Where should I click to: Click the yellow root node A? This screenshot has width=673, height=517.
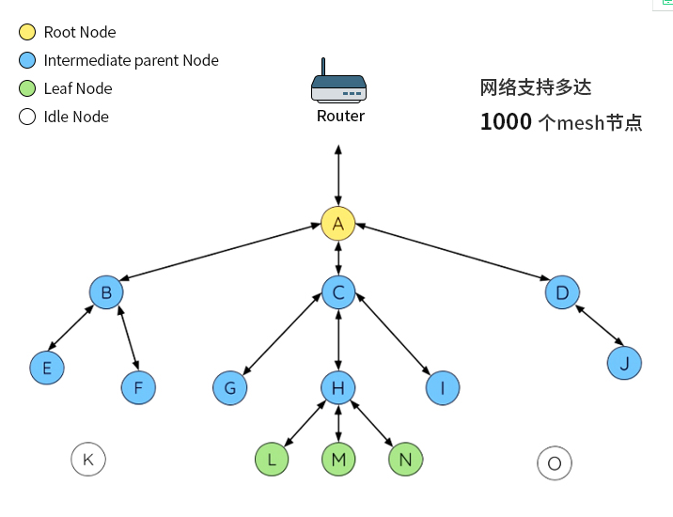point(337,224)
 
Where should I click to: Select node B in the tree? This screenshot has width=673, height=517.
point(106,292)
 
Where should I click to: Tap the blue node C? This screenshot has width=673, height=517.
point(338,292)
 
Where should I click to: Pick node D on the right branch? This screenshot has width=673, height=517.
point(562,292)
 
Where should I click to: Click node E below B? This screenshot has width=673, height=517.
point(46,368)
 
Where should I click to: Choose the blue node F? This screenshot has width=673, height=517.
point(138,386)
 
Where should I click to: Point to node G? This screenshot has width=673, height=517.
point(229,387)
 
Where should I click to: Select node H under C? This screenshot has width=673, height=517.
point(338,387)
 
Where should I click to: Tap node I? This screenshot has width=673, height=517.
point(443,387)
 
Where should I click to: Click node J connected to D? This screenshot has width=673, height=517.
point(624,363)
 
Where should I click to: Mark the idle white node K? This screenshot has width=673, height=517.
point(88,460)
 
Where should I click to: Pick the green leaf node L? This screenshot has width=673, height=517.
point(272,460)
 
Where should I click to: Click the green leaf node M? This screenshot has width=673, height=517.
point(338,460)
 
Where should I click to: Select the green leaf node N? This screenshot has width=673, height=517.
point(405,460)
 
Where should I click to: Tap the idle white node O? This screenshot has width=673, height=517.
point(555,463)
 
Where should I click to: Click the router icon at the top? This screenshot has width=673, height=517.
point(338,85)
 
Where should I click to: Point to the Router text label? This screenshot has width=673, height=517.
point(340,117)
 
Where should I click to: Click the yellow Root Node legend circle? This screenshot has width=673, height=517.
point(26,33)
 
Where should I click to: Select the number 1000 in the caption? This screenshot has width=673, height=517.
point(506,122)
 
